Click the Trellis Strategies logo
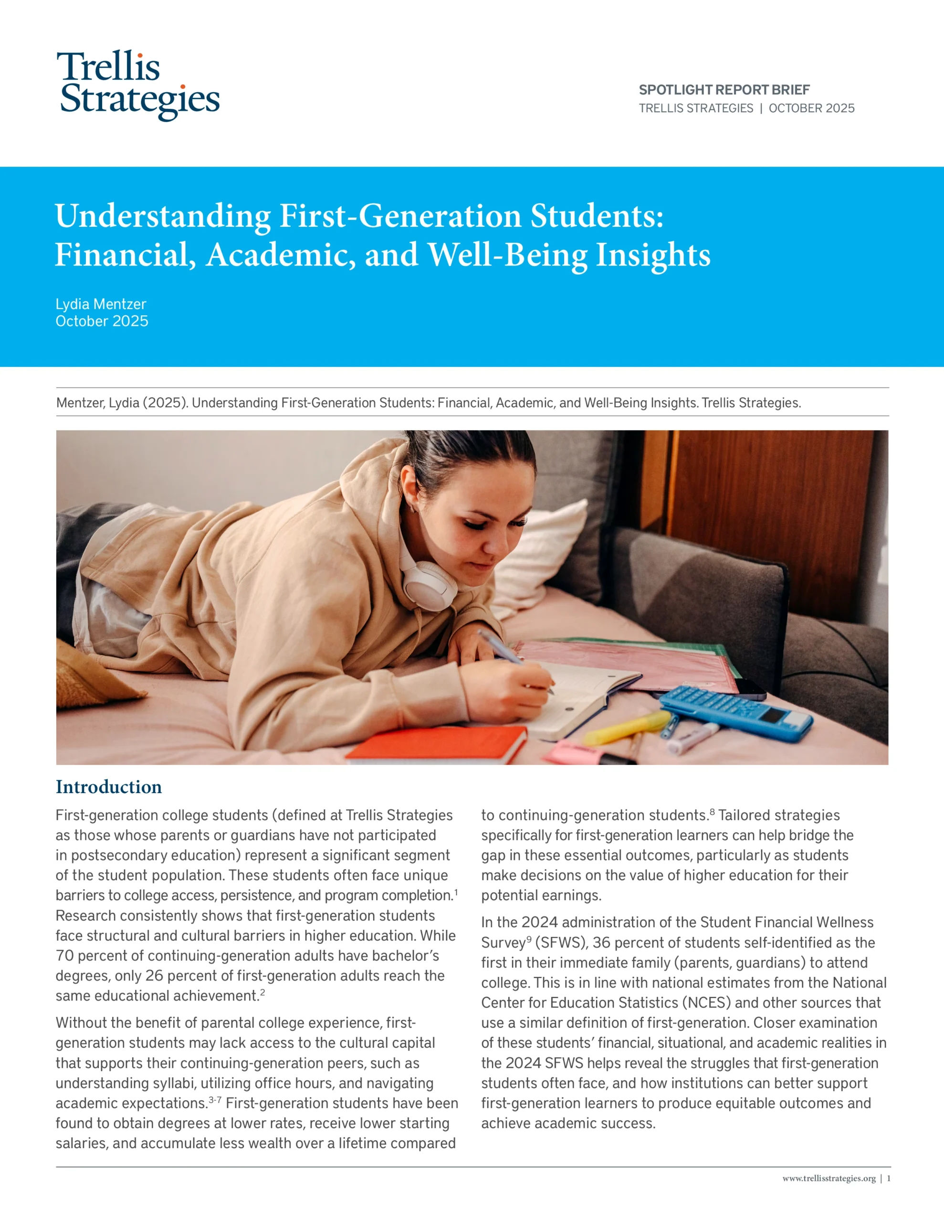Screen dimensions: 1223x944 point(139,85)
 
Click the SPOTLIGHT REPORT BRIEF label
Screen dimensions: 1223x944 point(724,90)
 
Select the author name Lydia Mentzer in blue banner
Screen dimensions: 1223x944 point(101,304)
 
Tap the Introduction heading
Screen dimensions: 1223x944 point(108,787)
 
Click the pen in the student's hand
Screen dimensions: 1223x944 point(503,650)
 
